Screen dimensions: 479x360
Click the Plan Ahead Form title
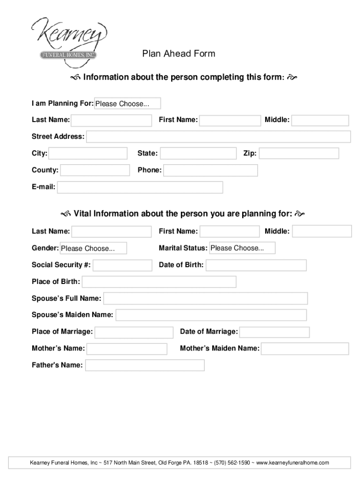pos(179,54)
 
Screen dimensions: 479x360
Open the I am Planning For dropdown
pos(128,103)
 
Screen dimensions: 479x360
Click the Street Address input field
pos(218,137)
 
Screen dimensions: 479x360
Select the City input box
pos(88,153)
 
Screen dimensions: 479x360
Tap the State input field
pos(199,153)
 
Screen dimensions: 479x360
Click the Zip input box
pos(299,153)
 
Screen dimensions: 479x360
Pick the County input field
pos(95,170)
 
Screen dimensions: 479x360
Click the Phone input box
pos(210,170)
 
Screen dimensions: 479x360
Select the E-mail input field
pos(140,188)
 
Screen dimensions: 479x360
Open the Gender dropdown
pos(93,248)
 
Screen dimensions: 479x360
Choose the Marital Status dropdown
pos(242,248)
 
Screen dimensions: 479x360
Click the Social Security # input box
pos(122,265)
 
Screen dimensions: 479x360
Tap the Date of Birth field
pos(256,265)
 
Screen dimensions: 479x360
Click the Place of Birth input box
pos(159,282)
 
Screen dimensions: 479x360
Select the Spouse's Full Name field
pos(205,298)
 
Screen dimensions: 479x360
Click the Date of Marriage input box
pos(274,332)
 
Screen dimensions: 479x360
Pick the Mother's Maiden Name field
pos(305,348)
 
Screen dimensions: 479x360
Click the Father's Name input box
pos(145,365)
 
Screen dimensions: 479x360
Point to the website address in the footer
pos(293,463)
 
